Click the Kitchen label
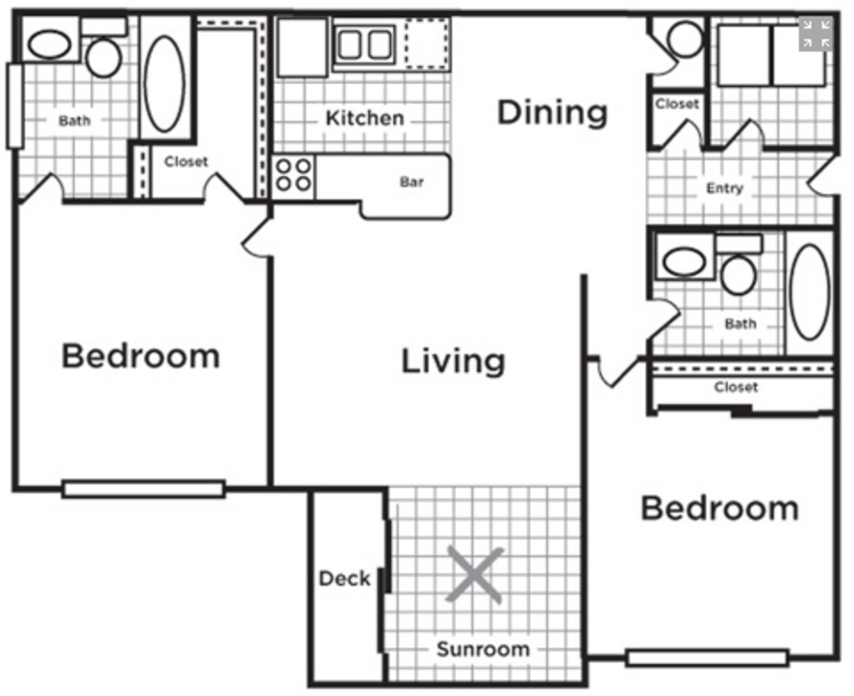[365, 119]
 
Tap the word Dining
[553, 113]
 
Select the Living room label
[453, 362]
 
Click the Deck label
[345, 579]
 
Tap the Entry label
[725, 188]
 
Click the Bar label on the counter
[412, 182]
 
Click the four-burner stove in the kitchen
[294, 176]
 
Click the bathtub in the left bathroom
[165, 84]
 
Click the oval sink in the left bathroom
[50, 44]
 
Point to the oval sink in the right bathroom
[684, 262]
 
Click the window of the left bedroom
[144, 489]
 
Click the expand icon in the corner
[816, 34]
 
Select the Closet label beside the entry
[677, 104]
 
